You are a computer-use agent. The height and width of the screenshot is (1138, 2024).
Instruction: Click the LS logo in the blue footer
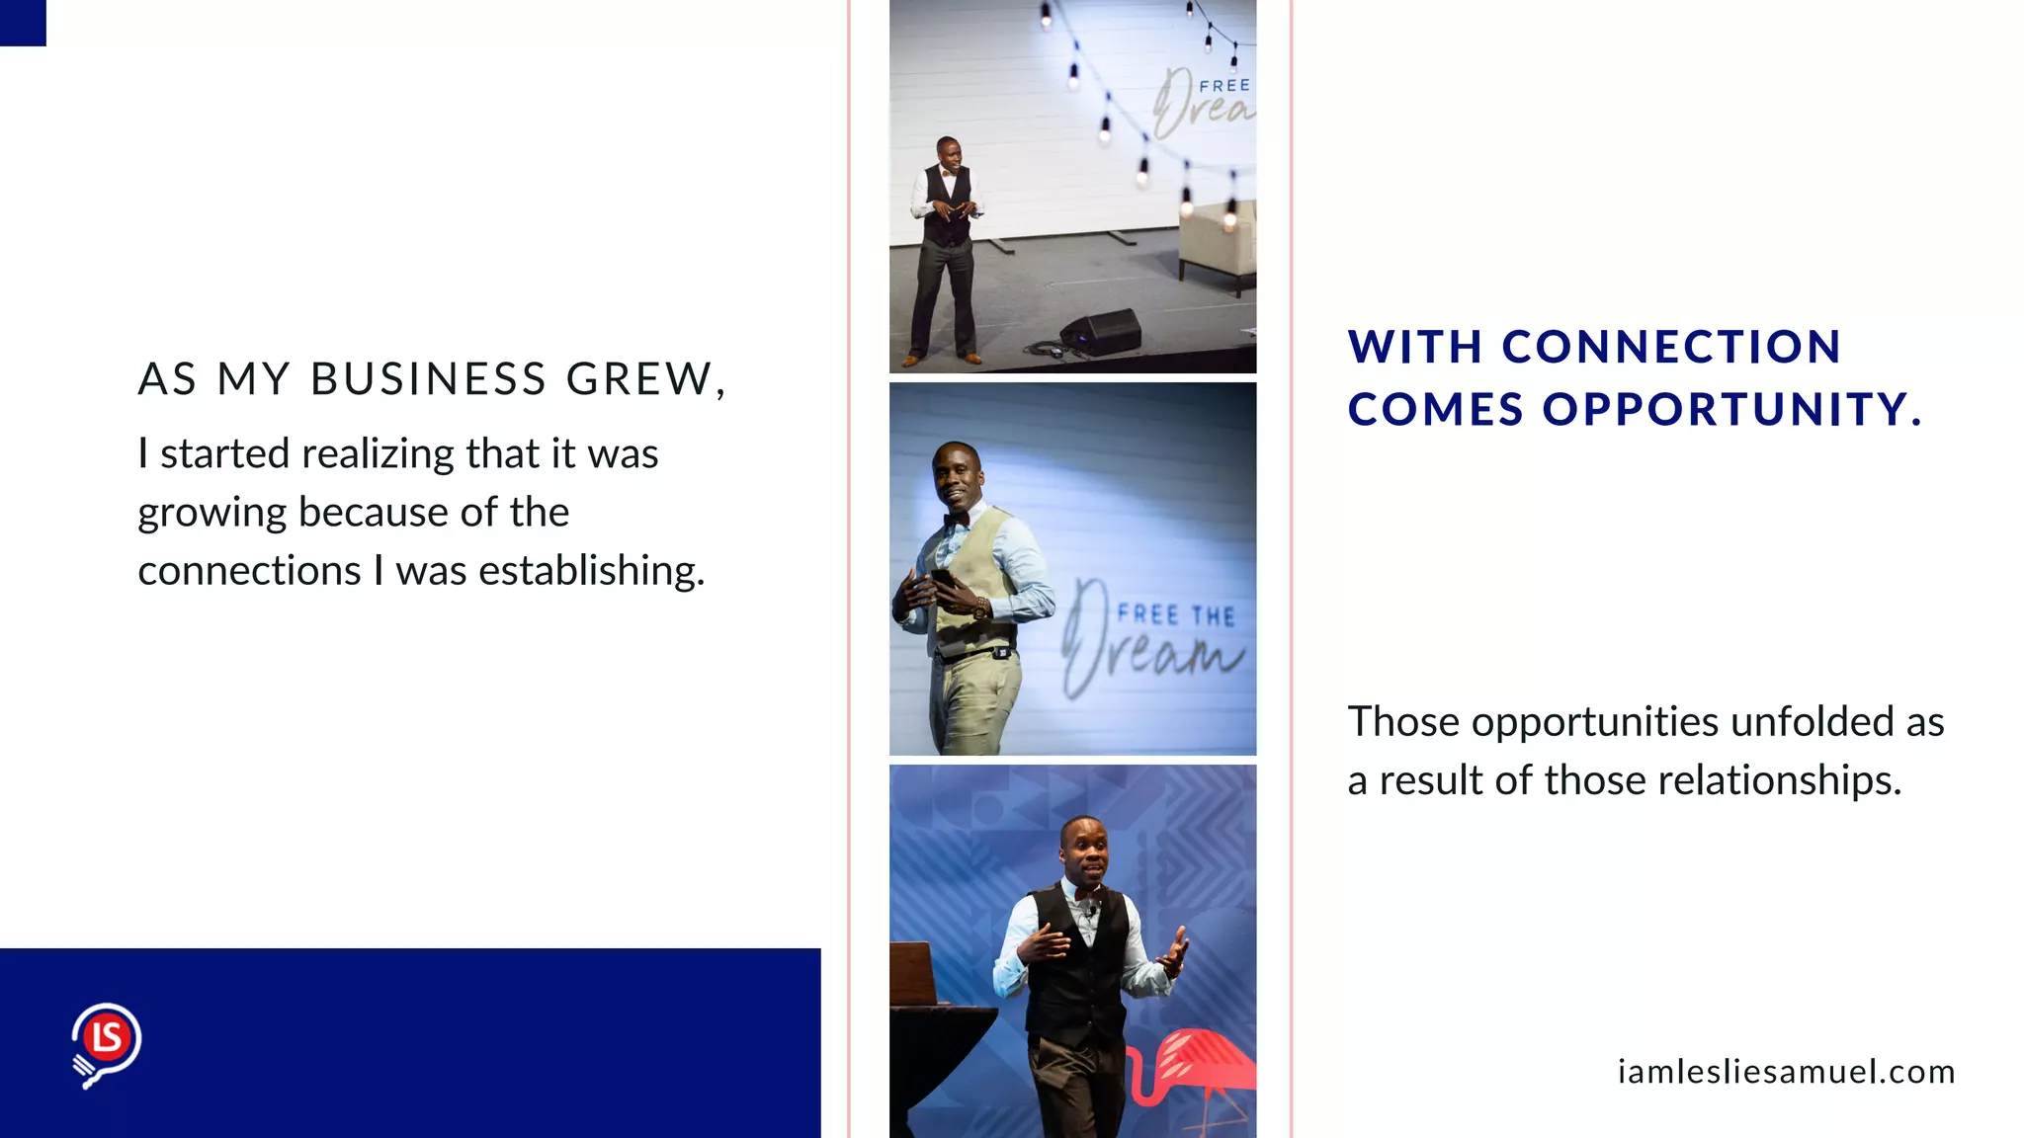click(106, 1042)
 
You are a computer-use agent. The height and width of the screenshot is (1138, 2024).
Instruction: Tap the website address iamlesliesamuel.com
click(1786, 1072)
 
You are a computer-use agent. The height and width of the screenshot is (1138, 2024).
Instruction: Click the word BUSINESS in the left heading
click(429, 379)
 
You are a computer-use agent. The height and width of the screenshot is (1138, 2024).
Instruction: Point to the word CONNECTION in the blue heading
click(1671, 347)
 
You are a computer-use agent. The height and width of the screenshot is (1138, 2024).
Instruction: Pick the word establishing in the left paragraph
click(591, 571)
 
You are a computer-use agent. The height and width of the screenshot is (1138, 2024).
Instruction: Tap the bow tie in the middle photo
click(956, 519)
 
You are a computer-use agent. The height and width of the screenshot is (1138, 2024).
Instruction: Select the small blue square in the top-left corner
click(23, 23)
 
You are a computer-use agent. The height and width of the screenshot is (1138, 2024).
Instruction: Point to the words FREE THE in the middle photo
click(1176, 615)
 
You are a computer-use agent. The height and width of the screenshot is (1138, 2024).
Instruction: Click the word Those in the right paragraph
click(1403, 722)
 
